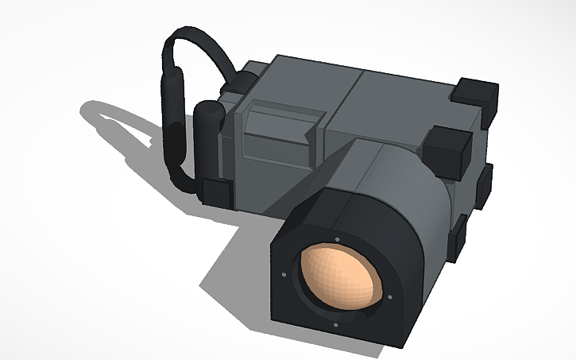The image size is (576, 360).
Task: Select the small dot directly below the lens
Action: (337, 323)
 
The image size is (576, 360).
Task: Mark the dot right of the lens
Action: (390, 297)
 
